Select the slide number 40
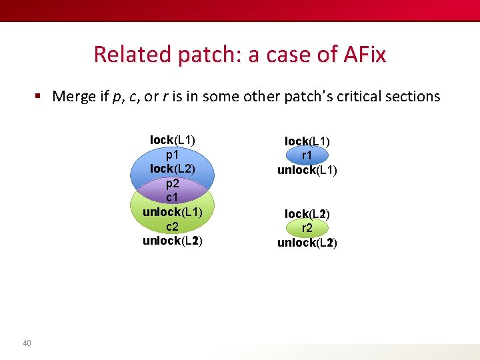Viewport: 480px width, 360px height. tap(27, 343)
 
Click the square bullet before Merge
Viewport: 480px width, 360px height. tap(39, 96)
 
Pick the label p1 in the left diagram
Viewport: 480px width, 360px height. tap(173, 154)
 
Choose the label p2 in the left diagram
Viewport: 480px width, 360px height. tap(173, 183)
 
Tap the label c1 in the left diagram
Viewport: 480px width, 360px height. tap(173, 198)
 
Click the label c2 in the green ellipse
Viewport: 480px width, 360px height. tap(173, 227)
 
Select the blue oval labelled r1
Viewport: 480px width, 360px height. tap(307, 155)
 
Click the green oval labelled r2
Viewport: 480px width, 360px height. tap(307, 229)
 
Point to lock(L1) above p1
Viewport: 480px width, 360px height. tap(173, 140)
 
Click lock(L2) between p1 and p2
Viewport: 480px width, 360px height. tap(173, 169)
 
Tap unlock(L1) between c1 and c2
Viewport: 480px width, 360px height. tap(173, 212)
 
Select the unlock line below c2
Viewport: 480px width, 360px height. tap(173, 241)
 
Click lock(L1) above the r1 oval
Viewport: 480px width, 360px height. tap(307, 141)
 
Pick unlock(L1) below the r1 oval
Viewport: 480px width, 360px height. tap(307, 170)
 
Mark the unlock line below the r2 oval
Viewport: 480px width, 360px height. tap(307, 243)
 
